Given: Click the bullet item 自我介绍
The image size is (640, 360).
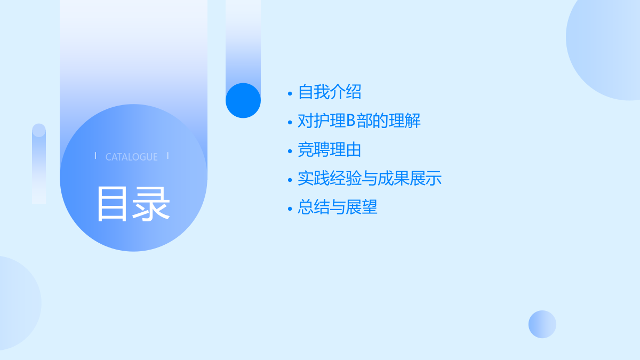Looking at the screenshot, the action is (x=330, y=92).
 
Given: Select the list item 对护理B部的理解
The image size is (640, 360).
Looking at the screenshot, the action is (x=359, y=121).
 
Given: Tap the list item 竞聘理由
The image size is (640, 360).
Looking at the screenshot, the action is (x=330, y=150).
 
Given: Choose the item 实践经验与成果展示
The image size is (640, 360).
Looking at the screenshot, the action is (x=370, y=179).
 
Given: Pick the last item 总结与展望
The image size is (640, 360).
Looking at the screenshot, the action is (x=338, y=207).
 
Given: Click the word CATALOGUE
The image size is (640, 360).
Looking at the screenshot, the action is (x=131, y=157).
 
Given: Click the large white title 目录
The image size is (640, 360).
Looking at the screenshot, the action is (x=133, y=204).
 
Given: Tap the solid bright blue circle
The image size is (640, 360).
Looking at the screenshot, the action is (x=243, y=101).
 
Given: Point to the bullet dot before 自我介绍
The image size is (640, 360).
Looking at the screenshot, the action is (x=290, y=93).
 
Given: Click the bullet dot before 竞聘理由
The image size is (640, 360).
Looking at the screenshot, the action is (x=290, y=151).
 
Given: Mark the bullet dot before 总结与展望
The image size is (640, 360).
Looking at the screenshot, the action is (x=290, y=209).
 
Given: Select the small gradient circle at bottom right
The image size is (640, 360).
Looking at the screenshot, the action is (x=542, y=324).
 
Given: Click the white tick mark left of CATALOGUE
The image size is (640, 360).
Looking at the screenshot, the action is (x=95, y=156).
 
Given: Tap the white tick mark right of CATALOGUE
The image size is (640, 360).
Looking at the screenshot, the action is (x=168, y=156).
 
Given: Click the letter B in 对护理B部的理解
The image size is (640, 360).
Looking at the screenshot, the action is (x=350, y=121).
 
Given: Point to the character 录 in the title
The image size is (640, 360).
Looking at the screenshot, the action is (x=152, y=204).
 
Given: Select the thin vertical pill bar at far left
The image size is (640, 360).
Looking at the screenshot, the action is (x=39, y=164).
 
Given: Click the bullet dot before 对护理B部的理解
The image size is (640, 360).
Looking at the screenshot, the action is (x=290, y=122).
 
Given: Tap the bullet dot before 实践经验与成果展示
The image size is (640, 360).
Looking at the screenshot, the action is (x=290, y=180).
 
